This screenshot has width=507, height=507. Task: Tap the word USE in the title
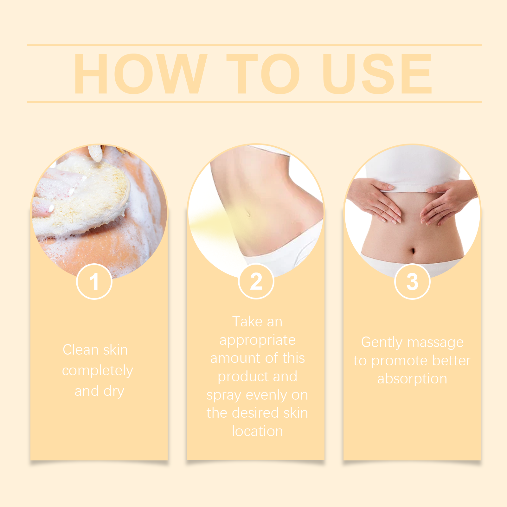click(377, 74)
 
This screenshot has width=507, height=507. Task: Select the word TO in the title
click(263, 74)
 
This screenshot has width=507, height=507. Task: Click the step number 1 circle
click(94, 281)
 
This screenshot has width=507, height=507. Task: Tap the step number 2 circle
click(256, 281)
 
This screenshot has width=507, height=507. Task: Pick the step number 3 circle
click(412, 281)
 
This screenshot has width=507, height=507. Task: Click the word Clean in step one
click(81, 350)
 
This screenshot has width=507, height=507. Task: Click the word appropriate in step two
click(257, 341)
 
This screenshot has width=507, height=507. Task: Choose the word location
click(257, 431)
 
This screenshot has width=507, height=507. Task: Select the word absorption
click(412, 379)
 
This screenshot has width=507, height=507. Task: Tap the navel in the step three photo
click(413, 251)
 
